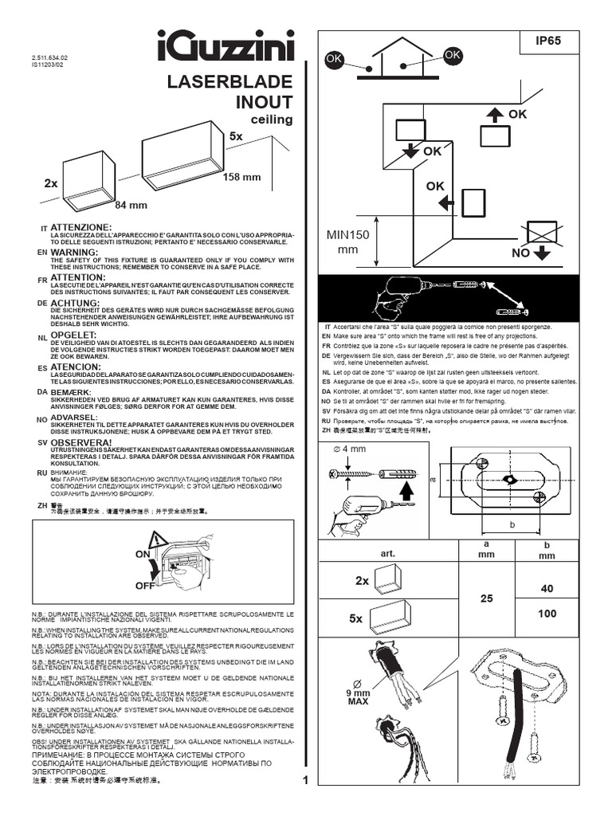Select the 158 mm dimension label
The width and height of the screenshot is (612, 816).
[x=241, y=176]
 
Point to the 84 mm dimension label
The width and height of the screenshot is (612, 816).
[x=131, y=205]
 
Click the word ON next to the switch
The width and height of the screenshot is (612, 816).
[x=143, y=554]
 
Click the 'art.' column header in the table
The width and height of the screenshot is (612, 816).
[x=388, y=552]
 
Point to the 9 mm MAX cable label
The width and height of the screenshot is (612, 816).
[x=358, y=698]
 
